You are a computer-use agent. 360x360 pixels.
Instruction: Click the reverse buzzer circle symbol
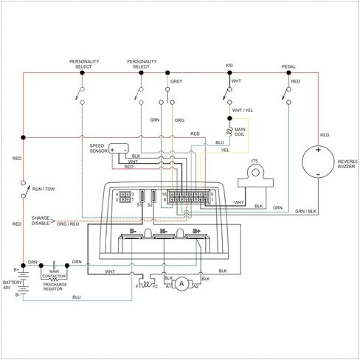(318, 162)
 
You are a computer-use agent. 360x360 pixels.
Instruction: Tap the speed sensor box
(119, 148)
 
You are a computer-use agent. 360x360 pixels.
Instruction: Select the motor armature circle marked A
(181, 284)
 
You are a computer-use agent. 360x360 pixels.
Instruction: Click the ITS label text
(255, 161)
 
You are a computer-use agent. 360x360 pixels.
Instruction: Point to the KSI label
(229, 66)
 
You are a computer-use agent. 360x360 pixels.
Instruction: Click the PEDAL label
(288, 66)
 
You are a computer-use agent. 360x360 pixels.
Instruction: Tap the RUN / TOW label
(44, 189)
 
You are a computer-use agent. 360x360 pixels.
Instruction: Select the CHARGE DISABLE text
(41, 221)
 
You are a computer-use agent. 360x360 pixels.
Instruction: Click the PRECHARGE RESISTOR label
(55, 287)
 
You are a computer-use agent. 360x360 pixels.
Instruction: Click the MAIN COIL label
(240, 132)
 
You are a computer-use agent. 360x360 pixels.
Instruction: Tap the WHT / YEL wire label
(243, 111)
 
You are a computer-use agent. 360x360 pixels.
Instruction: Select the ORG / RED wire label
(68, 224)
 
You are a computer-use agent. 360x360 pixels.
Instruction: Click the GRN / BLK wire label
(305, 211)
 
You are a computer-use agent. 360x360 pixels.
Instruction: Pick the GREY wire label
(176, 81)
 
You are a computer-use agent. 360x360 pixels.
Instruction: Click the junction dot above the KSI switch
(229, 73)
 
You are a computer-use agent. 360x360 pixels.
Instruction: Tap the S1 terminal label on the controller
(139, 205)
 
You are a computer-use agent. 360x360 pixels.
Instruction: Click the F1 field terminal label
(138, 286)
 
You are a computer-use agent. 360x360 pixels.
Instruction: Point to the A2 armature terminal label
(195, 286)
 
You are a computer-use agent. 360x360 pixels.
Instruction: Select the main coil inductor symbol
(230, 131)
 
